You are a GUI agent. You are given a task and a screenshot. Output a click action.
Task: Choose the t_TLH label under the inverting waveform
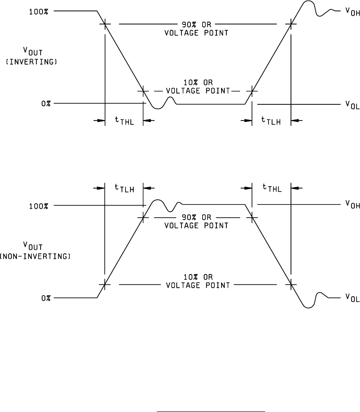point(271,121)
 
